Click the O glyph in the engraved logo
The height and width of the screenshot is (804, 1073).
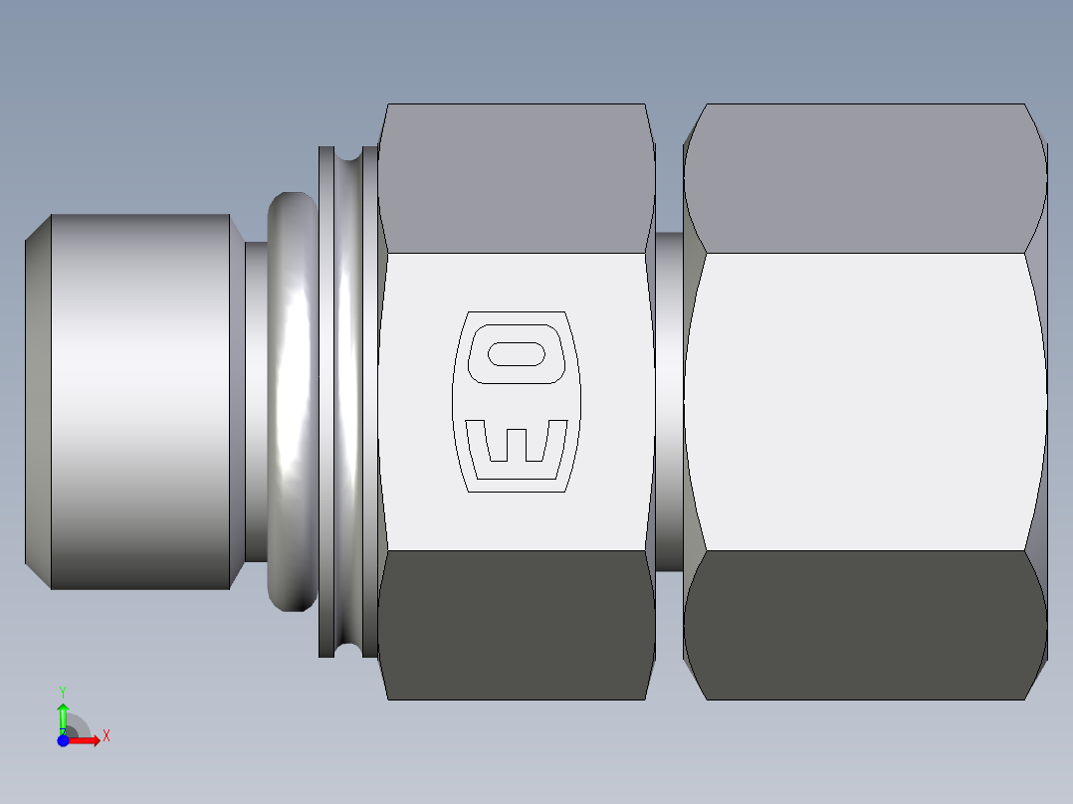coord(516,353)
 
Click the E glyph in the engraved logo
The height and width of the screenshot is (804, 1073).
coord(517,442)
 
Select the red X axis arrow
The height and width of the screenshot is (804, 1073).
coord(87,740)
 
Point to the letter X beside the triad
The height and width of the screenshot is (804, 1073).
coord(106,736)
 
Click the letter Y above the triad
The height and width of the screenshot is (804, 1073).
coord(63,691)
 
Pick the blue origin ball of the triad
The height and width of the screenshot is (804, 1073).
coord(63,740)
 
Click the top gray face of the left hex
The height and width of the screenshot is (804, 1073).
coord(516,179)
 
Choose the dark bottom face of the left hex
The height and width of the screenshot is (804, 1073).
coord(516,625)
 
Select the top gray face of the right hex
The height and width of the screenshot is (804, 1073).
coord(864,179)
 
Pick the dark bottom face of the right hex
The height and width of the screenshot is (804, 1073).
coord(864,625)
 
